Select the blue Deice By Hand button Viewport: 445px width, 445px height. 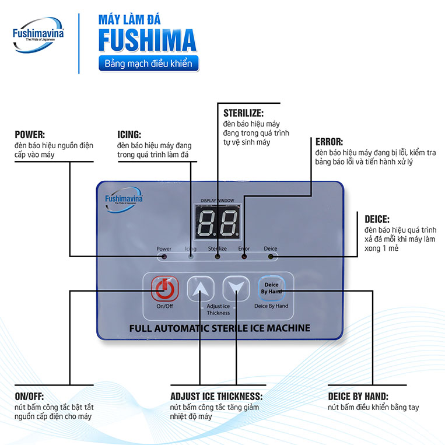click(271, 288)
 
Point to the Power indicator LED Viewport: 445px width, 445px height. click(164, 256)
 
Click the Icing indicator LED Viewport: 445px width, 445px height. click(191, 256)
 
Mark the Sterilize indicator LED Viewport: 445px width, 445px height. click(218, 256)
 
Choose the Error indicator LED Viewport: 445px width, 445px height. click(244, 256)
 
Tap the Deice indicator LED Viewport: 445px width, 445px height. click(271, 256)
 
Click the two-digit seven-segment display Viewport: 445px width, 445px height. click(218, 222)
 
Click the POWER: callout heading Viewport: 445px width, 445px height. click(30, 133)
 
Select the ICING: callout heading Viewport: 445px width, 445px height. click(129, 133)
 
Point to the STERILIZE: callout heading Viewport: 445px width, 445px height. click(243, 113)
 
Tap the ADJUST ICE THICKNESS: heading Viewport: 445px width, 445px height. click(216, 396)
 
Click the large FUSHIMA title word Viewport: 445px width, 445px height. click(147, 40)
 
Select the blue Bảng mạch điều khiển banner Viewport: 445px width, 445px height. click(149, 64)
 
